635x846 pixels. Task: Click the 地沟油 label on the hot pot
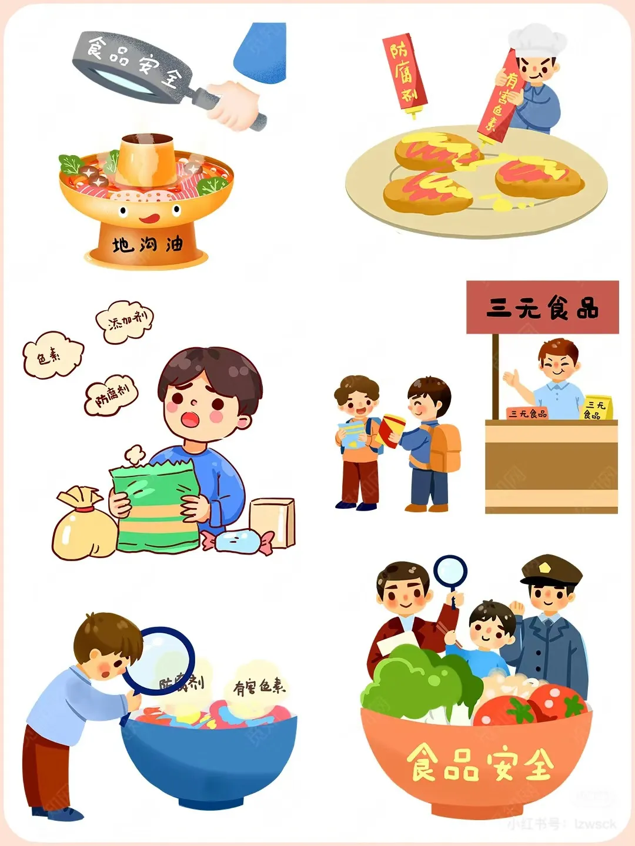click(147, 244)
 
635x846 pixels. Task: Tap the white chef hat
click(536, 40)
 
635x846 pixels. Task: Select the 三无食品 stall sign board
click(542, 307)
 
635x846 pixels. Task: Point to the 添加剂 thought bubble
click(125, 322)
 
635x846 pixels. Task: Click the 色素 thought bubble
click(52, 355)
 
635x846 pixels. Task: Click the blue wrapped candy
click(238, 541)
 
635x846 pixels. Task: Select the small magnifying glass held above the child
click(450, 572)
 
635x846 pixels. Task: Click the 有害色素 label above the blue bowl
click(259, 687)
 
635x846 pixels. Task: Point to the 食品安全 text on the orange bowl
click(479, 764)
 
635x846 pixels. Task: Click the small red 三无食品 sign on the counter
click(527, 413)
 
